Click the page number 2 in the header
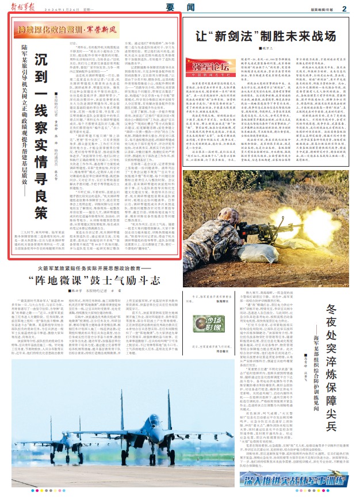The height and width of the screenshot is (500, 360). (343, 8)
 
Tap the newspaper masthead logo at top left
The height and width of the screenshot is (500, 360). (25, 7)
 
